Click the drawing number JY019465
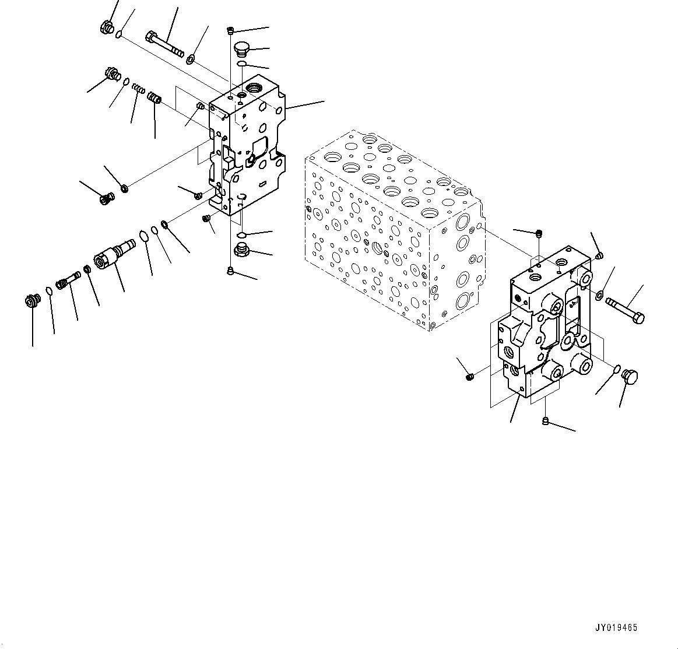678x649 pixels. (x=616, y=628)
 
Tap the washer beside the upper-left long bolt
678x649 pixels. (x=191, y=58)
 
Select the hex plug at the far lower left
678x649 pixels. (x=32, y=301)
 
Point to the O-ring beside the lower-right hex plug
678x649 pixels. (x=617, y=368)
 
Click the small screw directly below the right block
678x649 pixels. (x=546, y=420)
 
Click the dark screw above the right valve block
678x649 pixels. (x=539, y=234)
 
